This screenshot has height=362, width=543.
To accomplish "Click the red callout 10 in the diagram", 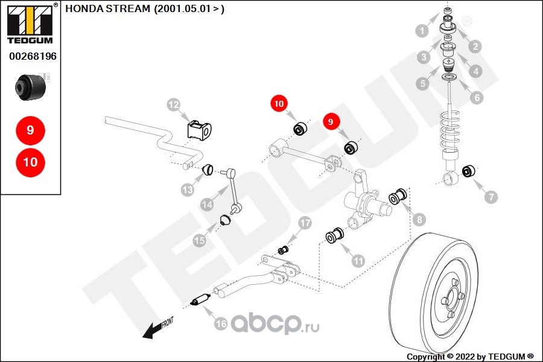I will click(x=279, y=104).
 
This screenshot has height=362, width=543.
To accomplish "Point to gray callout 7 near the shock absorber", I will click(x=492, y=197).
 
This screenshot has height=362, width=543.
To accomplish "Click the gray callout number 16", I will click(x=221, y=324).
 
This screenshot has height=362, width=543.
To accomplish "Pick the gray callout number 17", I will click(x=305, y=223).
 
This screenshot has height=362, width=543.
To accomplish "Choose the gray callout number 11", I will click(x=358, y=261).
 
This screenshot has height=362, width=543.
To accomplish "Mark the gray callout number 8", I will click(x=419, y=220).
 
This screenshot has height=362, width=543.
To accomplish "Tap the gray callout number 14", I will click(x=207, y=205).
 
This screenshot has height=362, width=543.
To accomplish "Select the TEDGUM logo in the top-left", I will click(x=30, y=24).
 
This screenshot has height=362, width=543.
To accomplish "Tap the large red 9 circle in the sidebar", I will click(x=30, y=130).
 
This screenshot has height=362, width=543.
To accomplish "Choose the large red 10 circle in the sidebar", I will click(x=30, y=162).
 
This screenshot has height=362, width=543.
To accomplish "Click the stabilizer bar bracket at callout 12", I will click(x=199, y=130).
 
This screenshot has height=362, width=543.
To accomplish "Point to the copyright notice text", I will click(x=470, y=357).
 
